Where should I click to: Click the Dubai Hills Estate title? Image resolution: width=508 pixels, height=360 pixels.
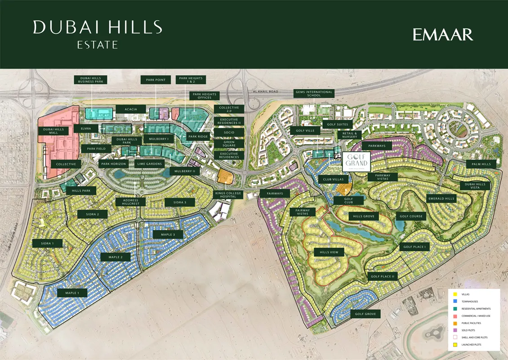coord(97,33)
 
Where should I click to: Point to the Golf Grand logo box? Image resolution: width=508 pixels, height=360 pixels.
coord(356,161)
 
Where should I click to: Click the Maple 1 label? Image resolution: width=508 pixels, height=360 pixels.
coord(72,293)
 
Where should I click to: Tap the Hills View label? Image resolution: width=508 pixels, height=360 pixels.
coord(329,252)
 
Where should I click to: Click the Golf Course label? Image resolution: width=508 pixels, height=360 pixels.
coord(410,216)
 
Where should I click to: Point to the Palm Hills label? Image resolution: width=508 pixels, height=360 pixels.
coord(481,164)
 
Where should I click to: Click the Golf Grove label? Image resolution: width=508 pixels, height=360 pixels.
coord(365,314)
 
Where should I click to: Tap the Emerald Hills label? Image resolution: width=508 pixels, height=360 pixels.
coord(441,198)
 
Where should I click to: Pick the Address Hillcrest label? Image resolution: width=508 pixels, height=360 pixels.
coord(130,202)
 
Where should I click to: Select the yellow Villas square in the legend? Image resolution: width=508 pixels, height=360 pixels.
coord(455,294)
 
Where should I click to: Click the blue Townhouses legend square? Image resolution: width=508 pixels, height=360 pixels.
coord(455,301)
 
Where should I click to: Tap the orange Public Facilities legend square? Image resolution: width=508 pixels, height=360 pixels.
coord(455,323)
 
